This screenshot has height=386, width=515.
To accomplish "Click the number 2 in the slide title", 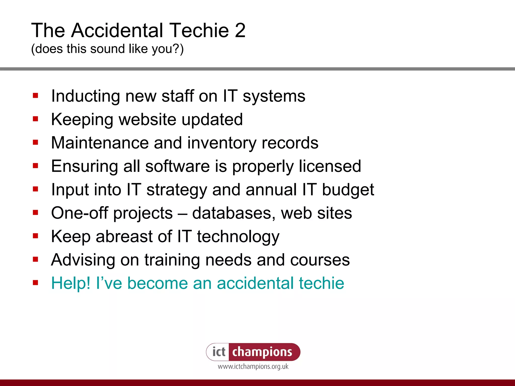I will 240,30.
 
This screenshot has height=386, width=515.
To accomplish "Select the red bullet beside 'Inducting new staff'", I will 35,95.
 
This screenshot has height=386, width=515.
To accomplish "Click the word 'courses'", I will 320,260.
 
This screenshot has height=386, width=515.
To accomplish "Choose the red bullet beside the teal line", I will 35,283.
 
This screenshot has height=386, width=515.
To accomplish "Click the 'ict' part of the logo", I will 219,352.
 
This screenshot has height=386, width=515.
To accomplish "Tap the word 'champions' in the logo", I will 262,352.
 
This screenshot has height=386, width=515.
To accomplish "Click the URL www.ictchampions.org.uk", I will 253,367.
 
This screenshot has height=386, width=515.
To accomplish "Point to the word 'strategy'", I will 177,189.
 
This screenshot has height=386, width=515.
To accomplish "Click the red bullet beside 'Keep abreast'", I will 35,236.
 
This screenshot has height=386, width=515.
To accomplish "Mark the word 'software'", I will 178,166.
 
